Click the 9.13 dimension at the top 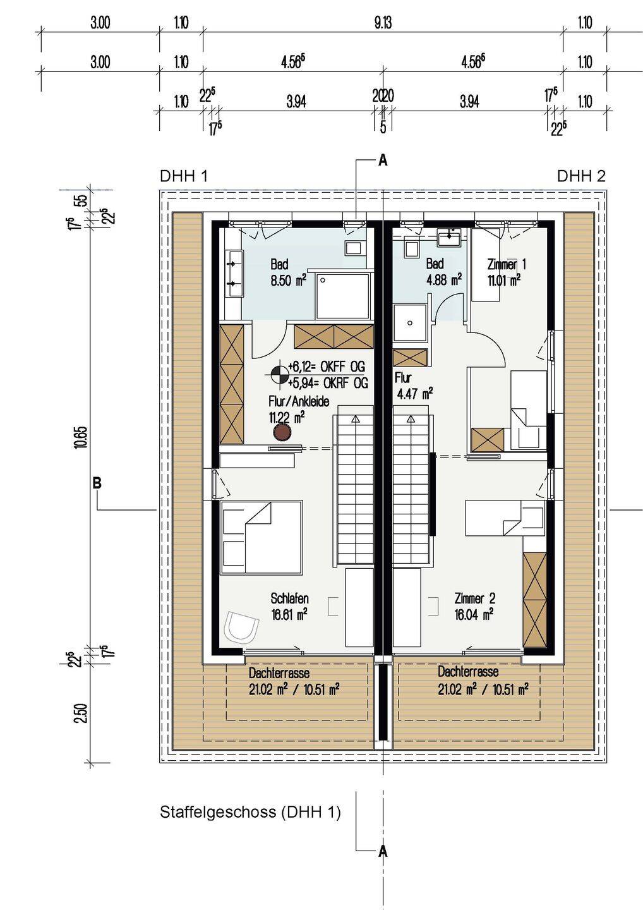coord(383,23)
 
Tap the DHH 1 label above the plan coord(184,176)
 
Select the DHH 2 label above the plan coord(581,176)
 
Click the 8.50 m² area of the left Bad coord(289,281)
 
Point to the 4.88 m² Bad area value coord(443,280)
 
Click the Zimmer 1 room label coord(507,265)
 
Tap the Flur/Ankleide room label coord(299,401)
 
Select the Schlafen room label coord(289,598)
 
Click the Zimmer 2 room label coord(475,598)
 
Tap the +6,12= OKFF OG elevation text coord(327,367)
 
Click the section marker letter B coord(97,483)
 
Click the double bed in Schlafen coord(261,538)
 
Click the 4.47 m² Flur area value coord(414,394)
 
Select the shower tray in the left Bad coord(344,296)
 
